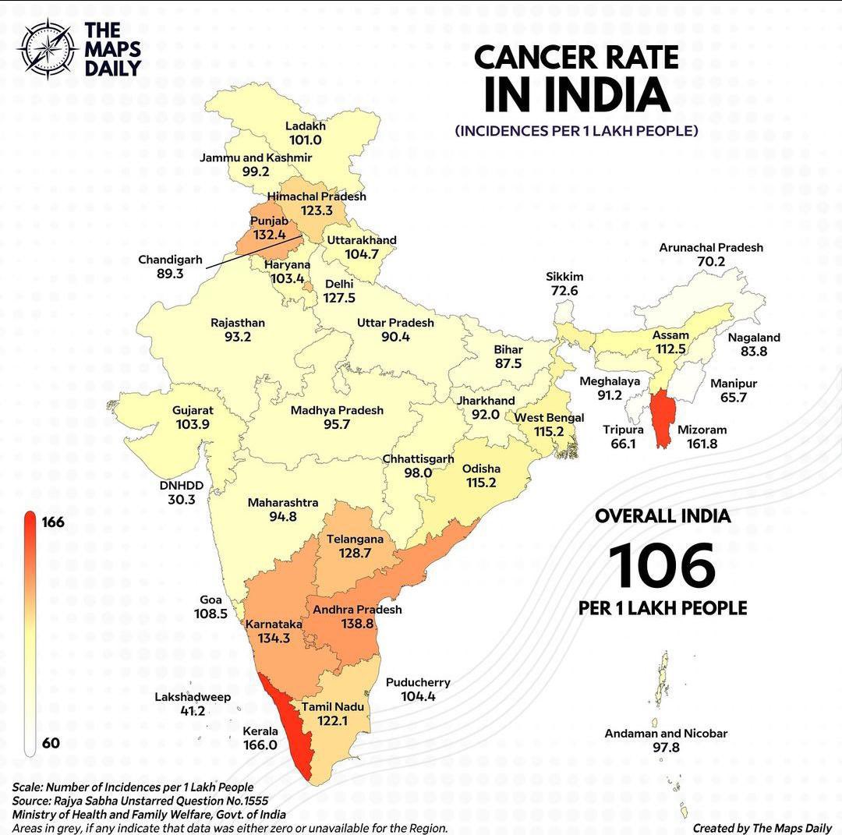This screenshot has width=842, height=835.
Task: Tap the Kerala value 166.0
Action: [x=260, y=745]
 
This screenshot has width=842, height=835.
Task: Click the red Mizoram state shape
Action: [x=663, y=418]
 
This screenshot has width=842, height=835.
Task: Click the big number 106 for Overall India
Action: [x=662, y=566]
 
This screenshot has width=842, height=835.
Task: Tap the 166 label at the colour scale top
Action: [x=54, y=522]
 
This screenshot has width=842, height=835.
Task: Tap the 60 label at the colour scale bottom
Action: [x=51, y=743]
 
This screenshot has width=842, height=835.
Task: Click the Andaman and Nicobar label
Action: [x=666, y=734]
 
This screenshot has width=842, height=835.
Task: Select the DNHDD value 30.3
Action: [x=182, y=500]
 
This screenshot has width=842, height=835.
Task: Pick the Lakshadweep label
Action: [x=193, y=696]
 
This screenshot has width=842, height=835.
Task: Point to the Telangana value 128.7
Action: [x=355, y=553]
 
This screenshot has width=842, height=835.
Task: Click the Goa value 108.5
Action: [x=210, y=614]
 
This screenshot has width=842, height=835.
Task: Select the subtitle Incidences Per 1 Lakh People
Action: [x=576, y=130]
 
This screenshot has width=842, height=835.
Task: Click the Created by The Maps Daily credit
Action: [x=762, y=827]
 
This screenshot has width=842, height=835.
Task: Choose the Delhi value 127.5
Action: [x=339, y=298]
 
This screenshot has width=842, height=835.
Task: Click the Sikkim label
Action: [x=564, y=277]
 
